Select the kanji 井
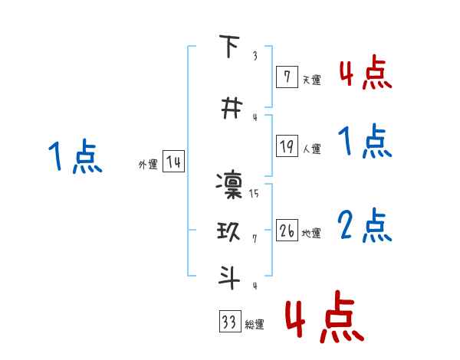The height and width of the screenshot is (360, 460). tap(228, 109)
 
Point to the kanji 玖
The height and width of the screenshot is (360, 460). tap(228, 231)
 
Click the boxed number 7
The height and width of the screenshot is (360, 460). tap(287, 77)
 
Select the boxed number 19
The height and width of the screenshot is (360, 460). tap(287, 146)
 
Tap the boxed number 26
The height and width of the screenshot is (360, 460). tap(287, 231)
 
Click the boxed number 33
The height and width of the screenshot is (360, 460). tap(229, 322)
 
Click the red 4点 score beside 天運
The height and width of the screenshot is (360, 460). tap(365, 73)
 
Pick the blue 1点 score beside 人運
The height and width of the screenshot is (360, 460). tap(365, 142)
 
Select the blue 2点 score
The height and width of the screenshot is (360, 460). tap(365, 226)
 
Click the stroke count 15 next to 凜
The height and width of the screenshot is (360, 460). tap(254, 193)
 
